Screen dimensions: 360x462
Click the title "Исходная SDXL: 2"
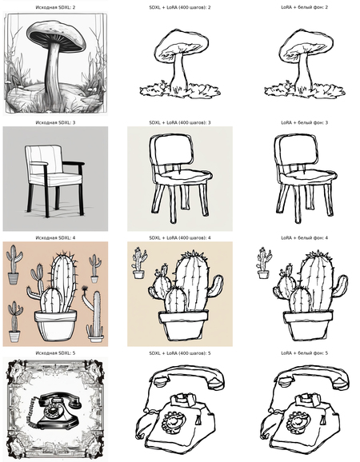pyautogui.click(x=55, y=7)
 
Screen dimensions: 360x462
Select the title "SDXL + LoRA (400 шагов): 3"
pyautogui.click(x=180, y=122)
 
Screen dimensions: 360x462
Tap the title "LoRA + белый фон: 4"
pyautogui.click(x=304, y=237)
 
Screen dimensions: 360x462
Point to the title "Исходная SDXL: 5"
pyautogui.click(x=55, y=352)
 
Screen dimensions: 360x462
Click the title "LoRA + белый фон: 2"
pyautogui.click(x=304, y=7)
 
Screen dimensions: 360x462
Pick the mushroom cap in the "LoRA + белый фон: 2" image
pyautogui.click(x=306, y=42)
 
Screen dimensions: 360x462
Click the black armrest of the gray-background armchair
pyautogui.click(x=73, y=163)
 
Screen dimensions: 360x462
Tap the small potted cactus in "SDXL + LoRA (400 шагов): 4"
pyautogui.click(x=138, y=263)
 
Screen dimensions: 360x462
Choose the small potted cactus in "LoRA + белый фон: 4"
pyautogui.click(x=263, y=263)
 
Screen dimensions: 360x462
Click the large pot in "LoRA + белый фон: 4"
pyautogui.click(x=308, y=326)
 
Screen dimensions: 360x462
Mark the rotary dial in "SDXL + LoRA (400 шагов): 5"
pyautogui.click(x=174, y=422)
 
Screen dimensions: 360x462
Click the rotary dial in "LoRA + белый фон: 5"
pyautogui.click(x=298, y=422)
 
